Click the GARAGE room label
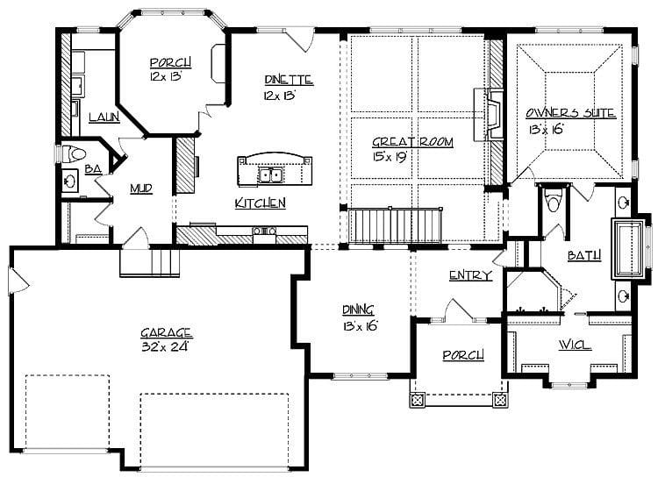click(x=166, y=333)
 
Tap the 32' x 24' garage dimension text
click(x=166, y=346)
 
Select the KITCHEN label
click(x=261, y=203)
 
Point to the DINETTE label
click(x=288, y=81)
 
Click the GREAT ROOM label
click(x=399, y=144)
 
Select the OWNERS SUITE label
click(x=570, y=114)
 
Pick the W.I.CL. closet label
click(x=575, y=345)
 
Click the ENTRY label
click(x=469, y=275)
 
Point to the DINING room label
click(x=360, y=310)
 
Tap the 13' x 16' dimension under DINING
click(x=360, y=324)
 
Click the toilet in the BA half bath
click(x=75, y=154)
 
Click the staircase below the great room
click(x=395, y=226)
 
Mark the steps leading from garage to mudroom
click(x=150, y=260)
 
